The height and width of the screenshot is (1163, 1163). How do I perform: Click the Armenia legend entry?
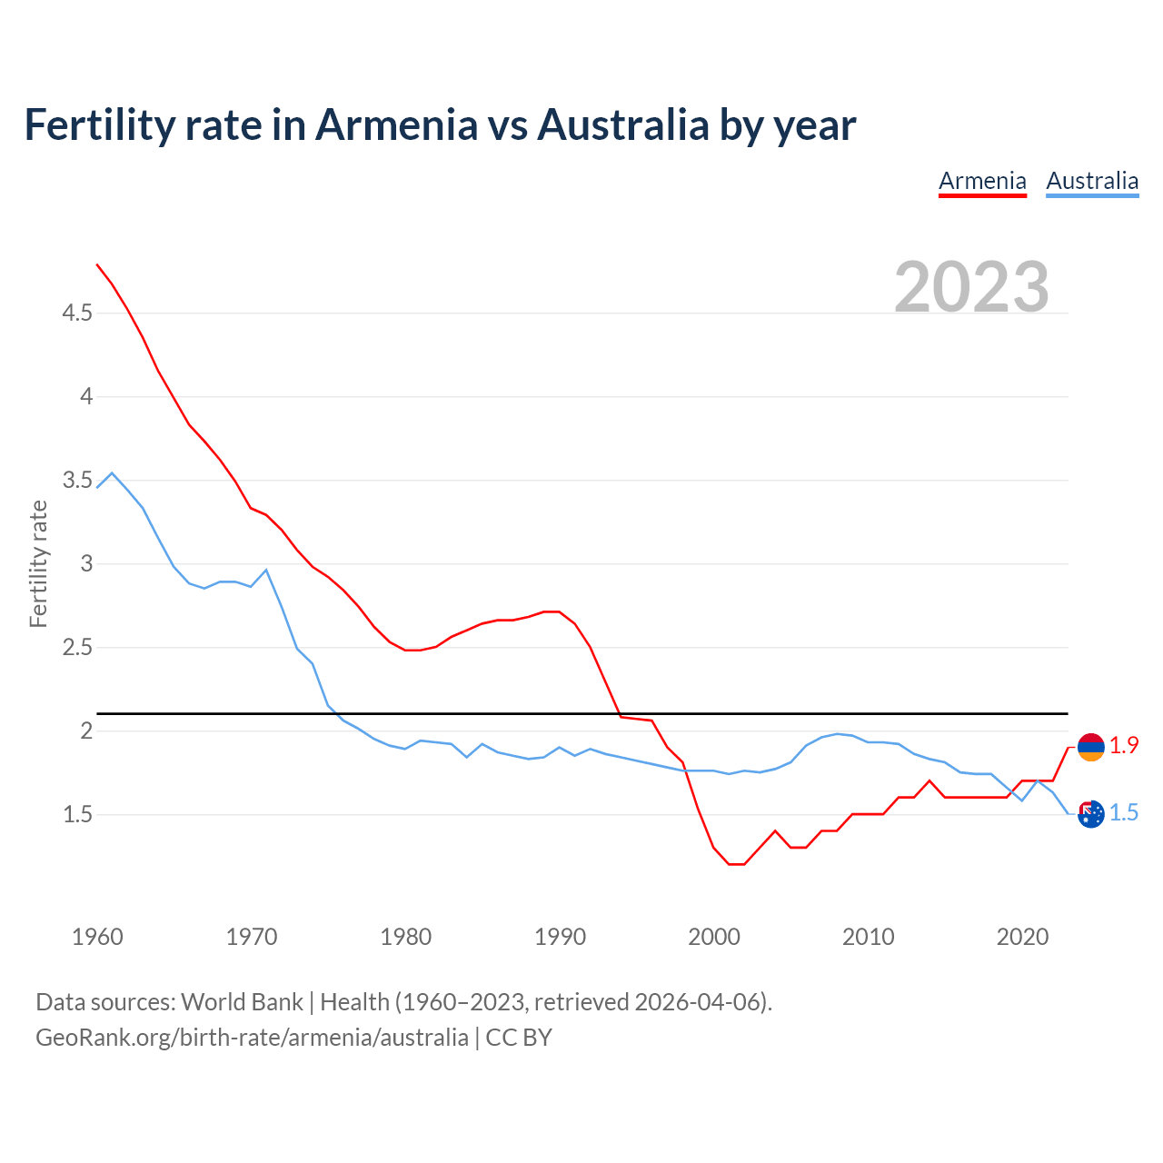tap(982, 181)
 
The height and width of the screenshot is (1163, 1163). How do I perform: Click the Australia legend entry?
tap(1092, 181)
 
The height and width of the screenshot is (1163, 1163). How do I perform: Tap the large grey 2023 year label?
tap(971, 287)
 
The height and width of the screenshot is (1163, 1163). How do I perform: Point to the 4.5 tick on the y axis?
tap(77, 313)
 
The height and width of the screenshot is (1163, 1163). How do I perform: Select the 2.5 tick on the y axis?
tap(77, 648)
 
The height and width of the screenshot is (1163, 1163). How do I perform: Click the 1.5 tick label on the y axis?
tap(77, 815)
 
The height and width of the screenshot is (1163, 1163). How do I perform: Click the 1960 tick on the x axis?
tap(97, 937)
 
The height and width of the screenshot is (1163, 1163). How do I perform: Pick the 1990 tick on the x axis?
tap(560, 937)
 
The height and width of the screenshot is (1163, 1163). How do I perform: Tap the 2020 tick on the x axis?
tap(1022, 937)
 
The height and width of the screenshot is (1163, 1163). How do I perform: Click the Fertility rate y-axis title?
tap(38, 563)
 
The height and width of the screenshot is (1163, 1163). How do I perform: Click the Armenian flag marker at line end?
tap(1090, 747)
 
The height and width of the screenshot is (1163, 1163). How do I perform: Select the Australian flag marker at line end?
tap(1090, 814)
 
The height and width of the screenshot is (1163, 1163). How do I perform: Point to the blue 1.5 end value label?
tap(1124, 813)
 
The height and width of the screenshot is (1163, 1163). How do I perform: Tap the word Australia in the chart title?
tap(622, 124)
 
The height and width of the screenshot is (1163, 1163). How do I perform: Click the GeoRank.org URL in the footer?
tap(252, 1038)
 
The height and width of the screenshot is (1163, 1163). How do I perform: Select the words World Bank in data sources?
tap(242, 1002)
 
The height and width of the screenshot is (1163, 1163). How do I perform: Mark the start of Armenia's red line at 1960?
tap(97, 264)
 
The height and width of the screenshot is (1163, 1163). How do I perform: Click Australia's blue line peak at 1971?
tap(266, 570)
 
